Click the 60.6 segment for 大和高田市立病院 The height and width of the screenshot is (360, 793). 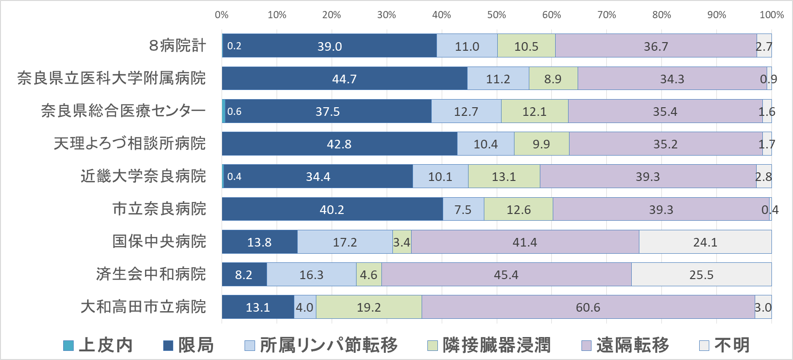[588, 307]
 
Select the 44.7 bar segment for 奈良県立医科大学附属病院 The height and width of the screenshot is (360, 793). [345, 79]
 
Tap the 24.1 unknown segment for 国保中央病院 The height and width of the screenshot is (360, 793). [705, 242]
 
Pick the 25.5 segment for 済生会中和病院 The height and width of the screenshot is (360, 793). [701, 274]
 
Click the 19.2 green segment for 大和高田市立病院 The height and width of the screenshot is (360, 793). [369, 307]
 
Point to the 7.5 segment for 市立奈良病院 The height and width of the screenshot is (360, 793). [463, 209]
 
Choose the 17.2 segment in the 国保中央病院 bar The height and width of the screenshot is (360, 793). [345, 242]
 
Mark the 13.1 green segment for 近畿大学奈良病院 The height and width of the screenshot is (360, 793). [503, 177]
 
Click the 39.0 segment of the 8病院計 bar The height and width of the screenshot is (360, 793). [330, 46]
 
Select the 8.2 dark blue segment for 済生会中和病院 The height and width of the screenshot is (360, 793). [244, 274]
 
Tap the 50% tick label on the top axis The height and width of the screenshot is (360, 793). [496, 15]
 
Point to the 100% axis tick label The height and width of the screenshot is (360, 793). [771, 15]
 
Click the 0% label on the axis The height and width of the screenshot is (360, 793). [222, 15]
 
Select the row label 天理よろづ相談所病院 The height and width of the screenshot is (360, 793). [130, 143]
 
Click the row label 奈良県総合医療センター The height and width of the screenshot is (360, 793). [123, 111]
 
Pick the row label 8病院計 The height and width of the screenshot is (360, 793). [177, 45]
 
